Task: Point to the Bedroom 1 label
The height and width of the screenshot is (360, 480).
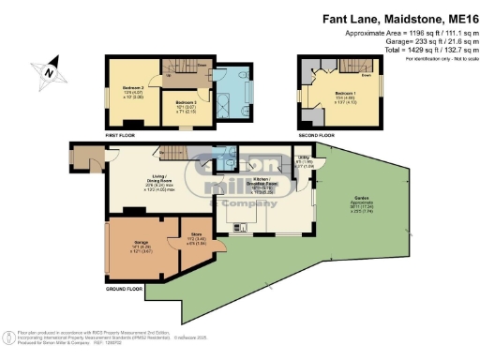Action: click(343, 97)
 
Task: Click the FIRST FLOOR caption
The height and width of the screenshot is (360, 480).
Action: click(123, 136)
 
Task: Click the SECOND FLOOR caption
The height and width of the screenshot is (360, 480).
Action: click(315, 135)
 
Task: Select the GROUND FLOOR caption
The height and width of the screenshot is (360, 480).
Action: click(125, 291)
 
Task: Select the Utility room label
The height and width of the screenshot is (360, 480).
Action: click(306, 163)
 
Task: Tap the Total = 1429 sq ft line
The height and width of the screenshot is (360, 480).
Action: click(420, 51)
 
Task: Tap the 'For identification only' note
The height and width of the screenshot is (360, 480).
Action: click(437, 59)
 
